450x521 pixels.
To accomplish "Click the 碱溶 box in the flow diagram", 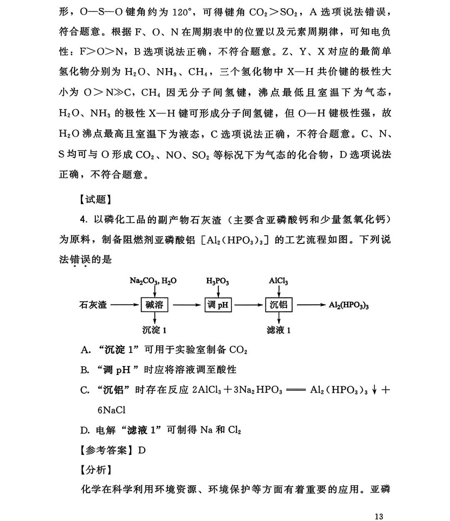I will [154, 305].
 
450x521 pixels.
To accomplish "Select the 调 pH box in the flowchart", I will [218, 305].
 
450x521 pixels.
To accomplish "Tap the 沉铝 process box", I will [278, 305].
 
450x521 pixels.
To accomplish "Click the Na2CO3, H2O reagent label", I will [153, 281].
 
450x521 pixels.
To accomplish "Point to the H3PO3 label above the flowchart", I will [217, 281].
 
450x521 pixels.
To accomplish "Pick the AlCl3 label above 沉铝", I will [278, 281].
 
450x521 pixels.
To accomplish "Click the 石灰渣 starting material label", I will [93, 305].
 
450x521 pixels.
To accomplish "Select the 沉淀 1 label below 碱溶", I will [154, 330].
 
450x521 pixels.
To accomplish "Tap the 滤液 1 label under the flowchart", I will [278, 330].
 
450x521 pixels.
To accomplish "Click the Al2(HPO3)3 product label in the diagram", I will [349, 305].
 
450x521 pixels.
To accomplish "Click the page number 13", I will [378, 516].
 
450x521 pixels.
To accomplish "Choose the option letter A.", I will [85, 350].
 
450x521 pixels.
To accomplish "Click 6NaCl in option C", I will [111, 410].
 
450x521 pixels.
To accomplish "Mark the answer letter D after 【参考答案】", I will [142, 450].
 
